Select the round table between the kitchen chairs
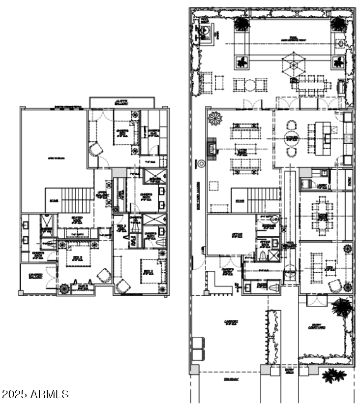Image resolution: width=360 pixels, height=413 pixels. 292,137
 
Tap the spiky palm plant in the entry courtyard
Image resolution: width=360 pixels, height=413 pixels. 341,307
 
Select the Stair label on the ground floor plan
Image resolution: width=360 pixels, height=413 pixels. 240,201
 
